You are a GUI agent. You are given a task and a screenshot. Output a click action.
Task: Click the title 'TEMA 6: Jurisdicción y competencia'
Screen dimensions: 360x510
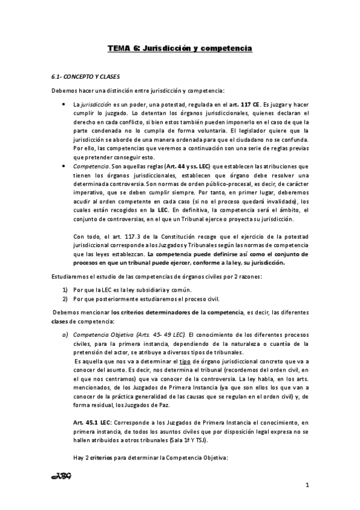(180, 47)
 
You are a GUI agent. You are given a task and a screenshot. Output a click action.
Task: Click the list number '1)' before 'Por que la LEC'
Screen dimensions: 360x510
(66, 290)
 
